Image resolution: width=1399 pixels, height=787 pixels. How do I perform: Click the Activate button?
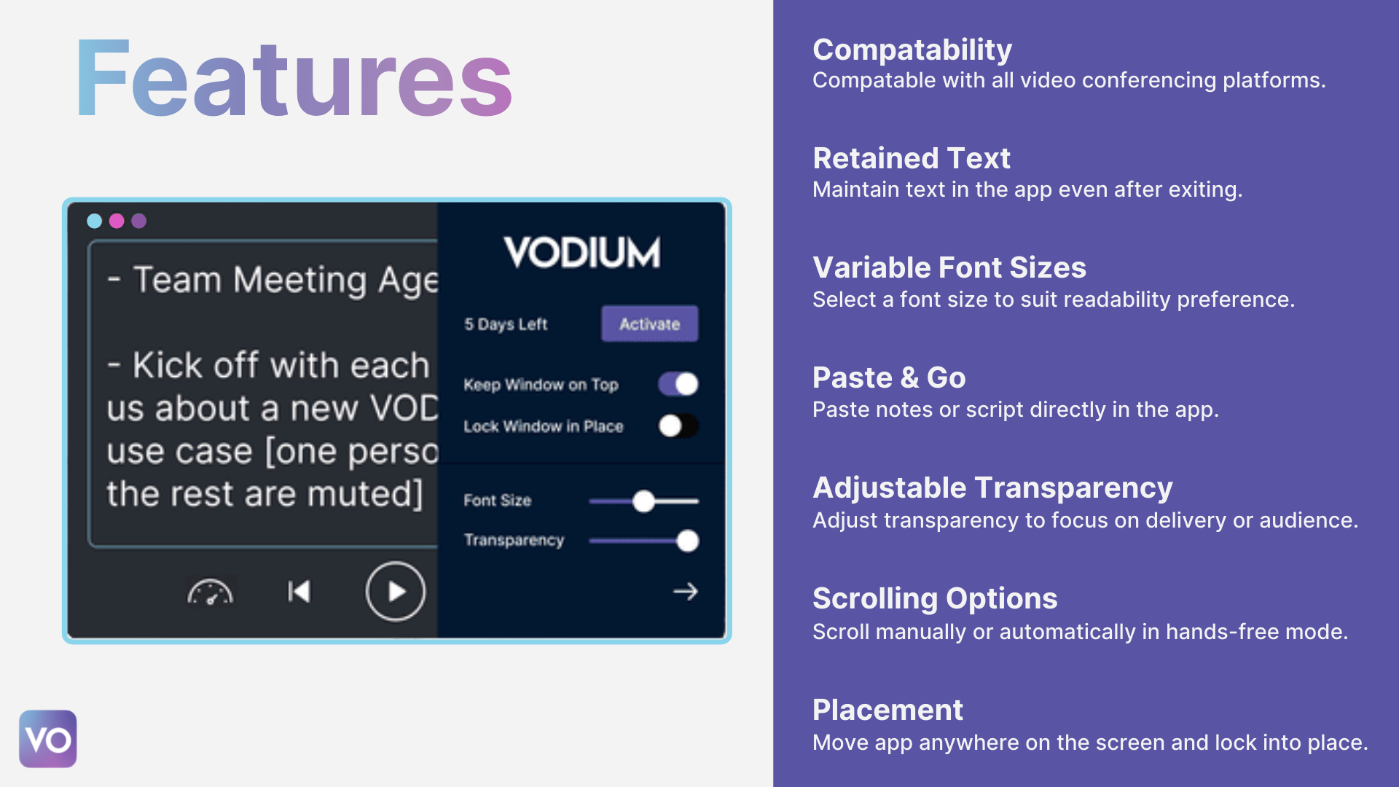(x=649, y=324)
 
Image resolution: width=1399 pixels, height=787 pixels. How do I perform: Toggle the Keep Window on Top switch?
(x=678, y=384)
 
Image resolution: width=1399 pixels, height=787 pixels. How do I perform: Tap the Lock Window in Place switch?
(x=678, y=426)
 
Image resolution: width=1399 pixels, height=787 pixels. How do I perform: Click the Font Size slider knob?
(x=643, y=501)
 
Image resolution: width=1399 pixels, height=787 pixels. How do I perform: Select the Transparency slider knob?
(x=687, y=541)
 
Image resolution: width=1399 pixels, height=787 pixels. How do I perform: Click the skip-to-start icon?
(x=299, y=592)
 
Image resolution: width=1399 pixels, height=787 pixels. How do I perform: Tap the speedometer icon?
(x=210, y=592)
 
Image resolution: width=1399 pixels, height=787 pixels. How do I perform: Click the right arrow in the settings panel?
(x=685, y=592)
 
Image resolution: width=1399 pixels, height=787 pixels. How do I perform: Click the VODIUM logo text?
(x=581, y=252)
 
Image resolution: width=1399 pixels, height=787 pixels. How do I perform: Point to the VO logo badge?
(x=48, y=739)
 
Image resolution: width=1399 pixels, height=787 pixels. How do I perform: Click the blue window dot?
(x=94, y=221)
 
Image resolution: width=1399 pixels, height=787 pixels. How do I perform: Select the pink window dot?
(x=117, y=221)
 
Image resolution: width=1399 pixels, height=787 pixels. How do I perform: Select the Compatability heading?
(x=912, y=50)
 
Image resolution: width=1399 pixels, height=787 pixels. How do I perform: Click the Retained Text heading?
(x=911, y=158)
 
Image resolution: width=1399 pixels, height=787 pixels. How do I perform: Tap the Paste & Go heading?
(x=888, y=377)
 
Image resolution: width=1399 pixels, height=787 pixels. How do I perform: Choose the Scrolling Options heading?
(x=934, y=598)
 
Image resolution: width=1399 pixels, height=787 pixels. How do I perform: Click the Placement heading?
(x=887, y=710)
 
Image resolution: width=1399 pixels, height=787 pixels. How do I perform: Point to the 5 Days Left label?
(x=506, y=324)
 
